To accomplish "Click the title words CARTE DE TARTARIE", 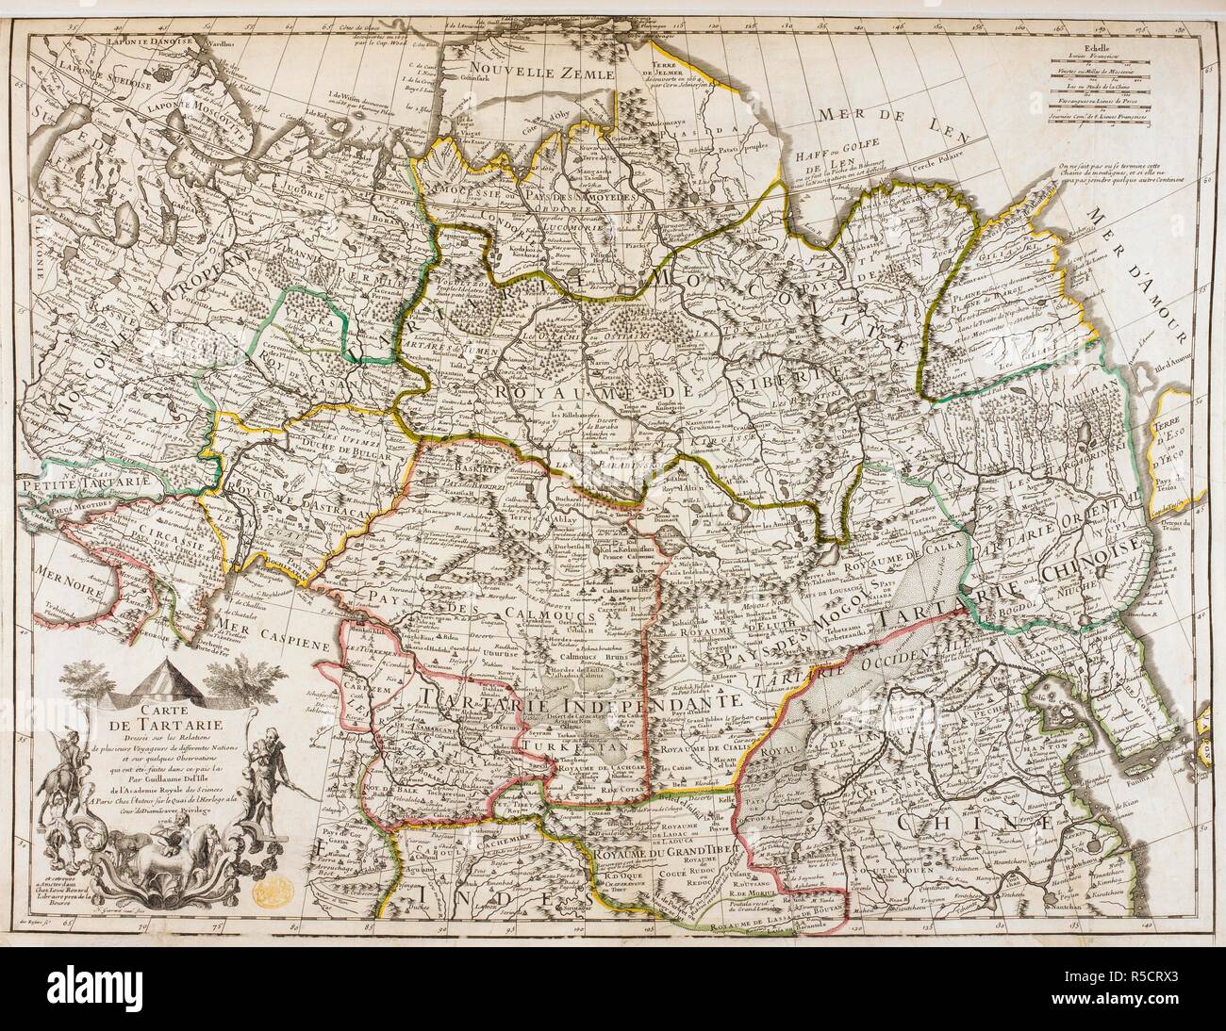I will [x=175, y=715].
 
